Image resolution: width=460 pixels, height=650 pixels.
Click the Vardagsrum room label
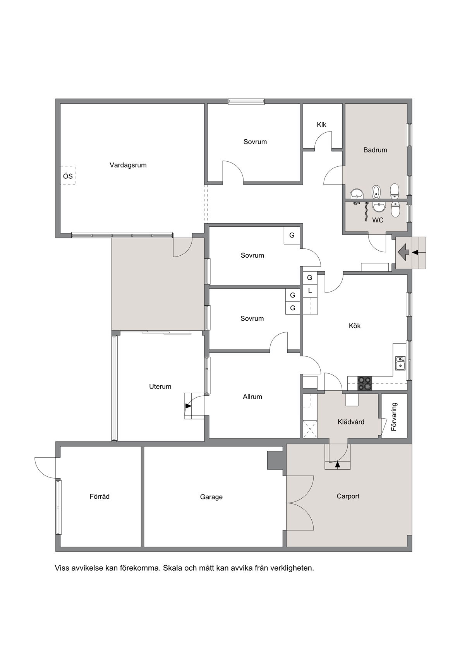tap(128, 165)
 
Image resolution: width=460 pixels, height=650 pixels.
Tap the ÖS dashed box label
tap(68, 176)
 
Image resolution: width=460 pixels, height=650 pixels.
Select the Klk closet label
tap(321, 125)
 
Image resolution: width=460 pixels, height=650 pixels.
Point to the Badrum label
tap(375, 150)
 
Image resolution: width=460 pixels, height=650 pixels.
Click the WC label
tap(378, 220)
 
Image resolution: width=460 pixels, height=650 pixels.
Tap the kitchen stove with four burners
tap(364, 383)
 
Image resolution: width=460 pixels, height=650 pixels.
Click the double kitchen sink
tap(400, 363)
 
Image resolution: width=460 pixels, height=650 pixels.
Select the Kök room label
tap(355, 326)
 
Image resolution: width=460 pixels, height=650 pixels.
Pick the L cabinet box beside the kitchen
tap(310, 291)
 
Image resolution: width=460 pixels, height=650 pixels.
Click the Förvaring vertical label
tap(394, 417)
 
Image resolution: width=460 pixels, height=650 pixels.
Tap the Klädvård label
tap(351, 422)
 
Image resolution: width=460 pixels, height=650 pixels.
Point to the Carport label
tap(348, 496)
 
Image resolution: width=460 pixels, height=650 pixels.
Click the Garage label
tap(211, 497)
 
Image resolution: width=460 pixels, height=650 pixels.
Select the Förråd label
tap(100, 496)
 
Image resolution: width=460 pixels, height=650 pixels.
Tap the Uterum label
tap(160, 387)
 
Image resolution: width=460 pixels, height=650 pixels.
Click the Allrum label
tap(252, 397)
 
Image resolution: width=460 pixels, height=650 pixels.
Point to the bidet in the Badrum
tap(376, 192)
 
